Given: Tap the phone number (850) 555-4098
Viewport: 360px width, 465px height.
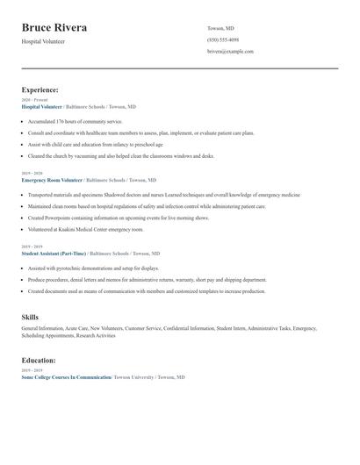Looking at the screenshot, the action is click(x=223, y=39).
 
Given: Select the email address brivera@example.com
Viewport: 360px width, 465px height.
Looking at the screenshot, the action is click(x=230, y=52).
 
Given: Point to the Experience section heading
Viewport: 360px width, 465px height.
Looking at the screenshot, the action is click(x=40, y=89).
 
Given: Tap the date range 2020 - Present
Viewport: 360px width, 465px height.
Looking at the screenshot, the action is click(x=34, y=100).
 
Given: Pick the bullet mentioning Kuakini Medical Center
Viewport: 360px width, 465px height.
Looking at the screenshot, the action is click(x=85, y=228).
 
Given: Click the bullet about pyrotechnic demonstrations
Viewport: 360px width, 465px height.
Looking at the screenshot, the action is click(x=93, y=268).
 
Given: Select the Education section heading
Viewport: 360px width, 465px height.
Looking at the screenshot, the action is click(x=39, y=360).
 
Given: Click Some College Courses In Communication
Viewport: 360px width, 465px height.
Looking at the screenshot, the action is click(x=66, y=376).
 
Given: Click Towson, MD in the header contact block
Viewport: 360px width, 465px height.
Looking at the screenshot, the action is click(x=220, y=28).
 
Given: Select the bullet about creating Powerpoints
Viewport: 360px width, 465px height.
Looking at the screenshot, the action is click(x=119, y=217).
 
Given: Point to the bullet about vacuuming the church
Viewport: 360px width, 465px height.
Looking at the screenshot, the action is click(x=121, y=155).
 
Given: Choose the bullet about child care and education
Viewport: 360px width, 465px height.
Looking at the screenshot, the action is click(x=96, y=144).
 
